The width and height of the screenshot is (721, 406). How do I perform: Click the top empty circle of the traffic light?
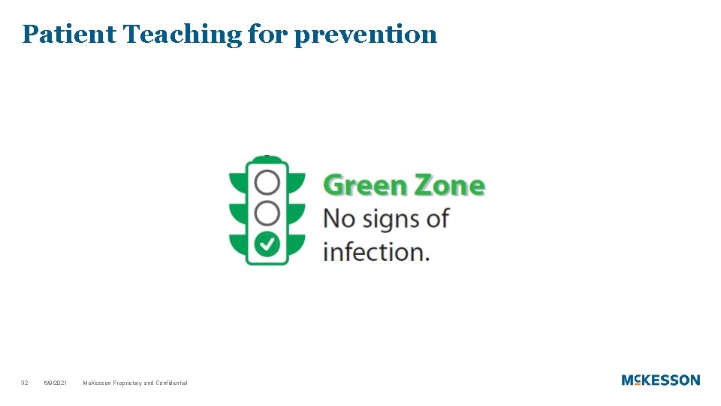pyautogui.click(x=267, y=182)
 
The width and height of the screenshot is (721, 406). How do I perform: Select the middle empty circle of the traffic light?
pyautogui.click(x=267, y=213)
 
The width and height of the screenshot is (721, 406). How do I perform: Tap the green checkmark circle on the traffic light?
pyautogui.click(x=267, y=244)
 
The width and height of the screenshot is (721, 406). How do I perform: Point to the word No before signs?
pyautogui.click(x=339, y=219)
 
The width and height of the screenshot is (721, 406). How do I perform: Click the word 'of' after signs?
pyautogui.click(x=437, y=219)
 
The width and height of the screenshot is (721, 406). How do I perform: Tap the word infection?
pyautogui.click(x=376, y=251)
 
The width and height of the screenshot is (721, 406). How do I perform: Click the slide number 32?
pyautogui.click(x=25, y=383)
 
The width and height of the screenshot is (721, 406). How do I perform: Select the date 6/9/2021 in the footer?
pyautogui.click(x=55, y=383)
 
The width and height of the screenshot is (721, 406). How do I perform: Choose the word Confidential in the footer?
pyautogui.click(x=172, y=383)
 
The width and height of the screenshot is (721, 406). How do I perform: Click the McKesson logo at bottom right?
pyautogui.click(x=660, y=380)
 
